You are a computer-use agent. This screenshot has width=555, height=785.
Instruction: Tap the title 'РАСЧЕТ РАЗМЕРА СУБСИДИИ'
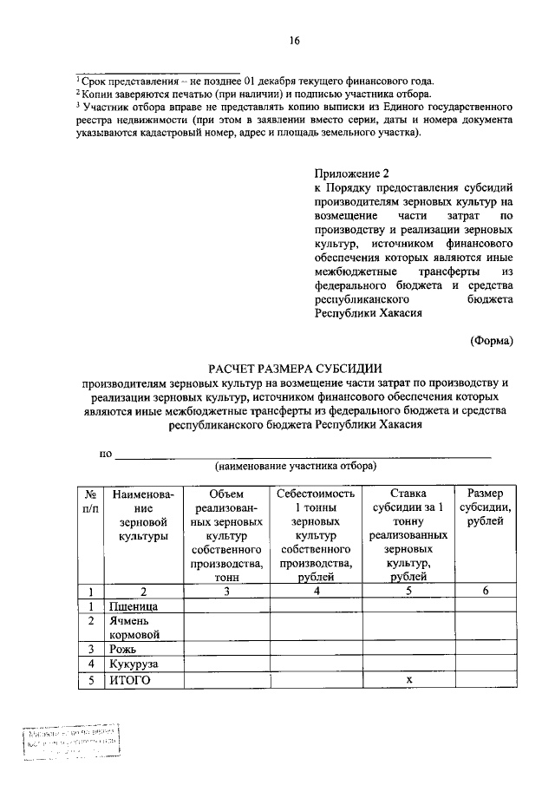point(294,369)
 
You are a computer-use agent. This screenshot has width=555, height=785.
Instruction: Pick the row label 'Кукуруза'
point(133,664)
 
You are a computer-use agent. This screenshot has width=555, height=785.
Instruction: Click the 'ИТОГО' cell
point(130,681)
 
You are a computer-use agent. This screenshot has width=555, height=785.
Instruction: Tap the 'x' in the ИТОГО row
point(408,681)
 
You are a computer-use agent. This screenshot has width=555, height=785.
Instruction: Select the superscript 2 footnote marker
point(76,91)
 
